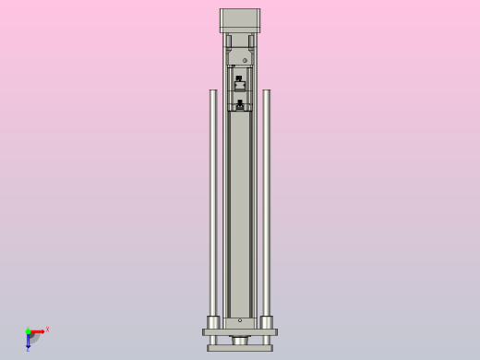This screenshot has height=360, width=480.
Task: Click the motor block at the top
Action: click(240, 19)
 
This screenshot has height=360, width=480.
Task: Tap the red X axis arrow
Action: click(39, 330)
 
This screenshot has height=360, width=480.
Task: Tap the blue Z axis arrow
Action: click(28, 342)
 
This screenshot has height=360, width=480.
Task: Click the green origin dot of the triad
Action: click(28, 330)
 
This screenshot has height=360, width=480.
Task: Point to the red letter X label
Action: click(47, 329)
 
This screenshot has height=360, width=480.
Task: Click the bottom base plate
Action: click(240, 348)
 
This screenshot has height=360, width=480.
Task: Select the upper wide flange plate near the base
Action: click(240, 331)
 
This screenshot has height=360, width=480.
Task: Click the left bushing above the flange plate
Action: click(213, 322)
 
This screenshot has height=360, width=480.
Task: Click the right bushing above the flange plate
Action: click(267, 322)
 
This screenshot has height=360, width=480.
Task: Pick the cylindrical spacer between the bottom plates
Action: click(240, 340)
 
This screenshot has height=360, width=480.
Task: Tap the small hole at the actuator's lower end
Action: click(240, 320)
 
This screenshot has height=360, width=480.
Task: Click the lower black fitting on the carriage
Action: click(240, 102)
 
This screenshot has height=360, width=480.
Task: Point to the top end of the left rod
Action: click(213, 91)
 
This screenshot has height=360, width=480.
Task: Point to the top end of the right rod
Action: click(267, 91)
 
